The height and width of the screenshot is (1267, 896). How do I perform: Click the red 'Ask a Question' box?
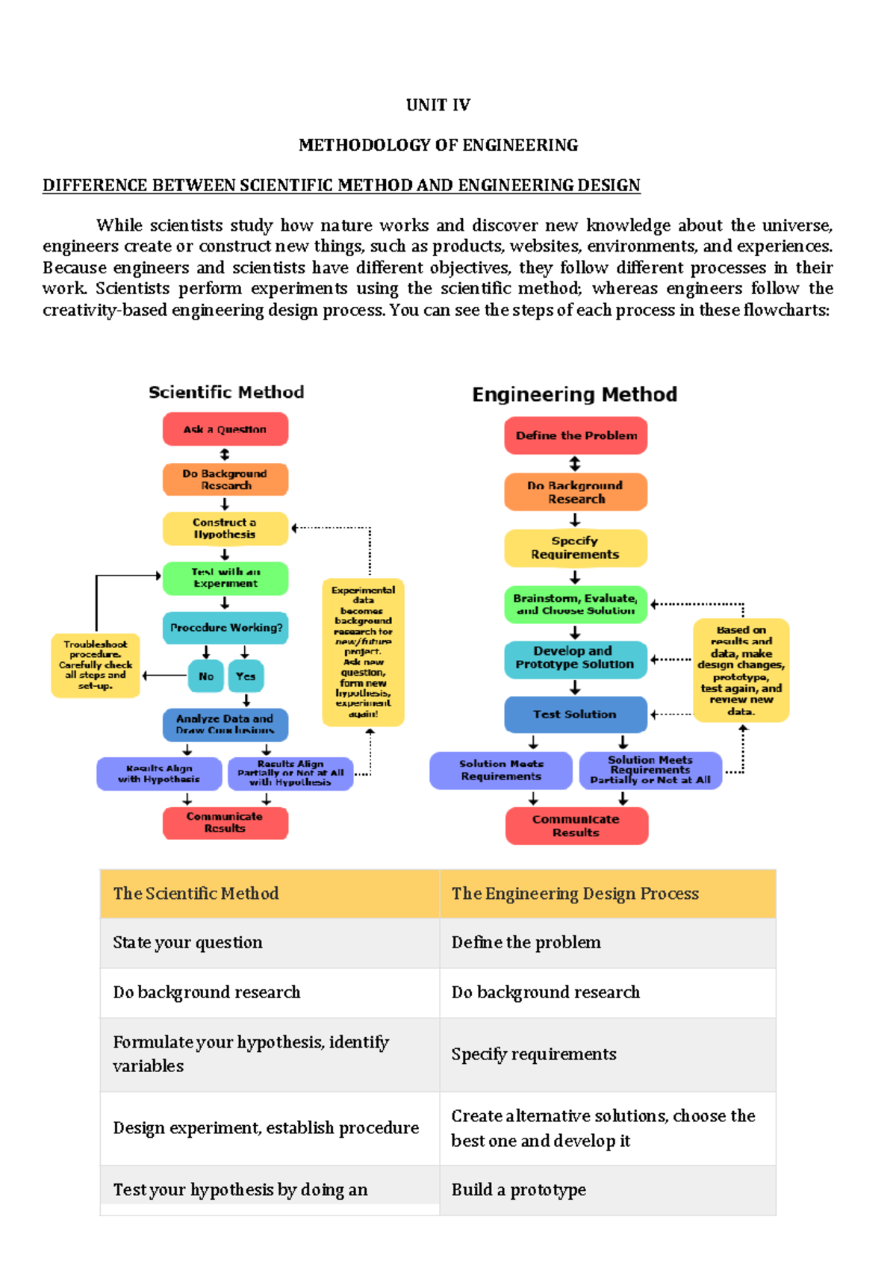coord(225,429)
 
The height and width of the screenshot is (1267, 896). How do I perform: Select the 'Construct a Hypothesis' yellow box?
coord(225,529)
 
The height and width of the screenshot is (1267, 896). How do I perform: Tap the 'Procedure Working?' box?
coord(225,628)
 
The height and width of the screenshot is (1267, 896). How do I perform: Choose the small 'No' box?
coord(206,676)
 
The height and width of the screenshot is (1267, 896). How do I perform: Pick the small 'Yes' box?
coord(246,676)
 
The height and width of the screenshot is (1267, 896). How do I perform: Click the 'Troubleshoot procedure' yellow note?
coord(96,665)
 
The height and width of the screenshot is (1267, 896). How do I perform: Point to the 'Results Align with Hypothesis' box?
coord(159,773)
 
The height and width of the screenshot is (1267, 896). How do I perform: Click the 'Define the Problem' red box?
coord(576,435)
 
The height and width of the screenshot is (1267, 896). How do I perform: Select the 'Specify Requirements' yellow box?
coord(575,548)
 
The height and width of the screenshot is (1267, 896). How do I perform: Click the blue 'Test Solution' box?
coord(575,715)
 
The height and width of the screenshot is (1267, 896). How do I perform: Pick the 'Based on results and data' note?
coord(741,670)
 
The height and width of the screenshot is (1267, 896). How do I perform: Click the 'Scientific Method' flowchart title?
coord(226,393)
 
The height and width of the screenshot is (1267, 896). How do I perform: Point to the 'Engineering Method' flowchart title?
coord(574,394)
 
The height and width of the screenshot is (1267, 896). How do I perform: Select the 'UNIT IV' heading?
coord(438,105)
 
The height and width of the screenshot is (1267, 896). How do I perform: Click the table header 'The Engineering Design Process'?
coord(575,894)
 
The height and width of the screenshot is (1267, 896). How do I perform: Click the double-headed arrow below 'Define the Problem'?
coord(575,464)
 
